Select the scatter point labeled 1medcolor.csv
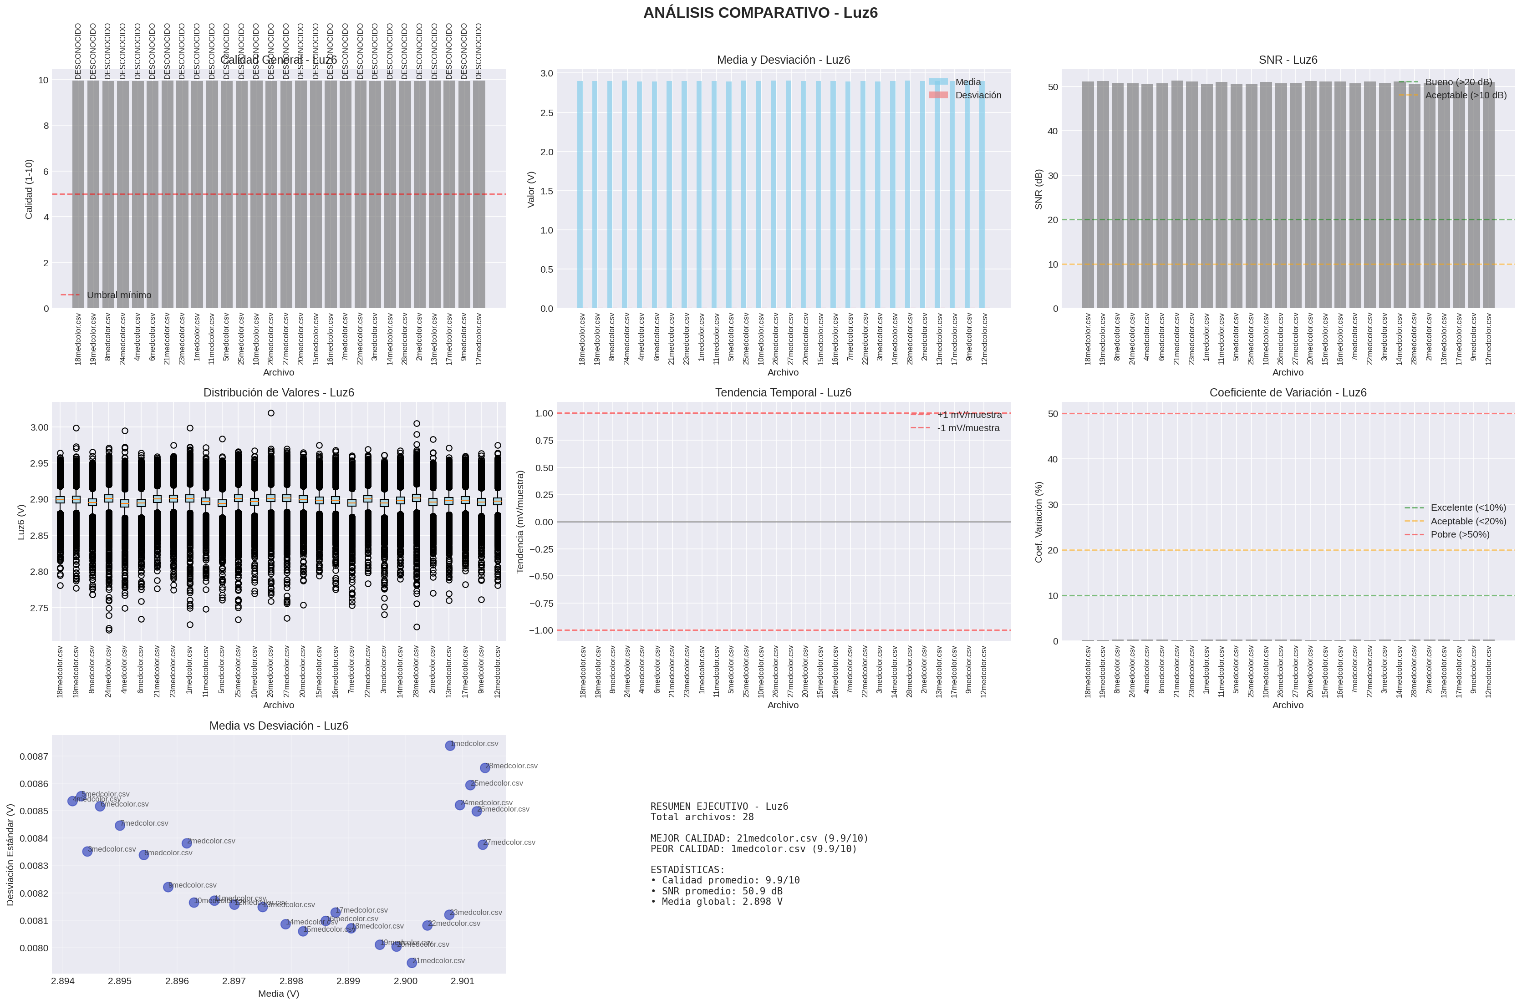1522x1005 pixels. (450, 746)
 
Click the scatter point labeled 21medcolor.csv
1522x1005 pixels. (412, 963)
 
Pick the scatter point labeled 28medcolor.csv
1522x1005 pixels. (485, 768)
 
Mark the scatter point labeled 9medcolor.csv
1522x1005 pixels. (168, 887)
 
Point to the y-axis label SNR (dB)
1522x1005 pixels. (1038, 189)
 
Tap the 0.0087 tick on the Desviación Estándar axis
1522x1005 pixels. (33, 756)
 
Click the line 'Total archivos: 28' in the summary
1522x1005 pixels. (702, 817)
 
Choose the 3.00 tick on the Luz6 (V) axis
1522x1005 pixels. (39, 427)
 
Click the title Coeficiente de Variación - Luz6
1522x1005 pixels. (1288, 393)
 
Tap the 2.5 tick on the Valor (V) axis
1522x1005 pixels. (546, 113)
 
